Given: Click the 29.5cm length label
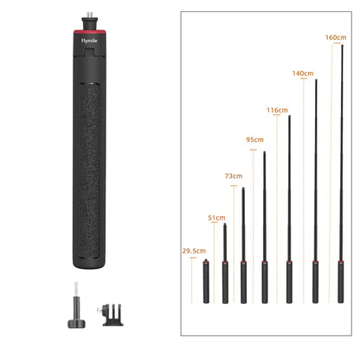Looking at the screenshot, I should (194, 251).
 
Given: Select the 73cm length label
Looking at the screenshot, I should (234, 176).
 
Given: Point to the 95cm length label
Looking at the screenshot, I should (254, 139).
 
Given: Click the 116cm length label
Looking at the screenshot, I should (277, 111).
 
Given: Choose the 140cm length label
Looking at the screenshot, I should (302, 74).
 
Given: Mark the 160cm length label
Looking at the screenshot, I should (335, 37).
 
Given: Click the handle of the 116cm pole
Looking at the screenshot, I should (289, 281).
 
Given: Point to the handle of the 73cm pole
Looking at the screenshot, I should (243, 281).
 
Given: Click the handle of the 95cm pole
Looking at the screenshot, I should (264, 281).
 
